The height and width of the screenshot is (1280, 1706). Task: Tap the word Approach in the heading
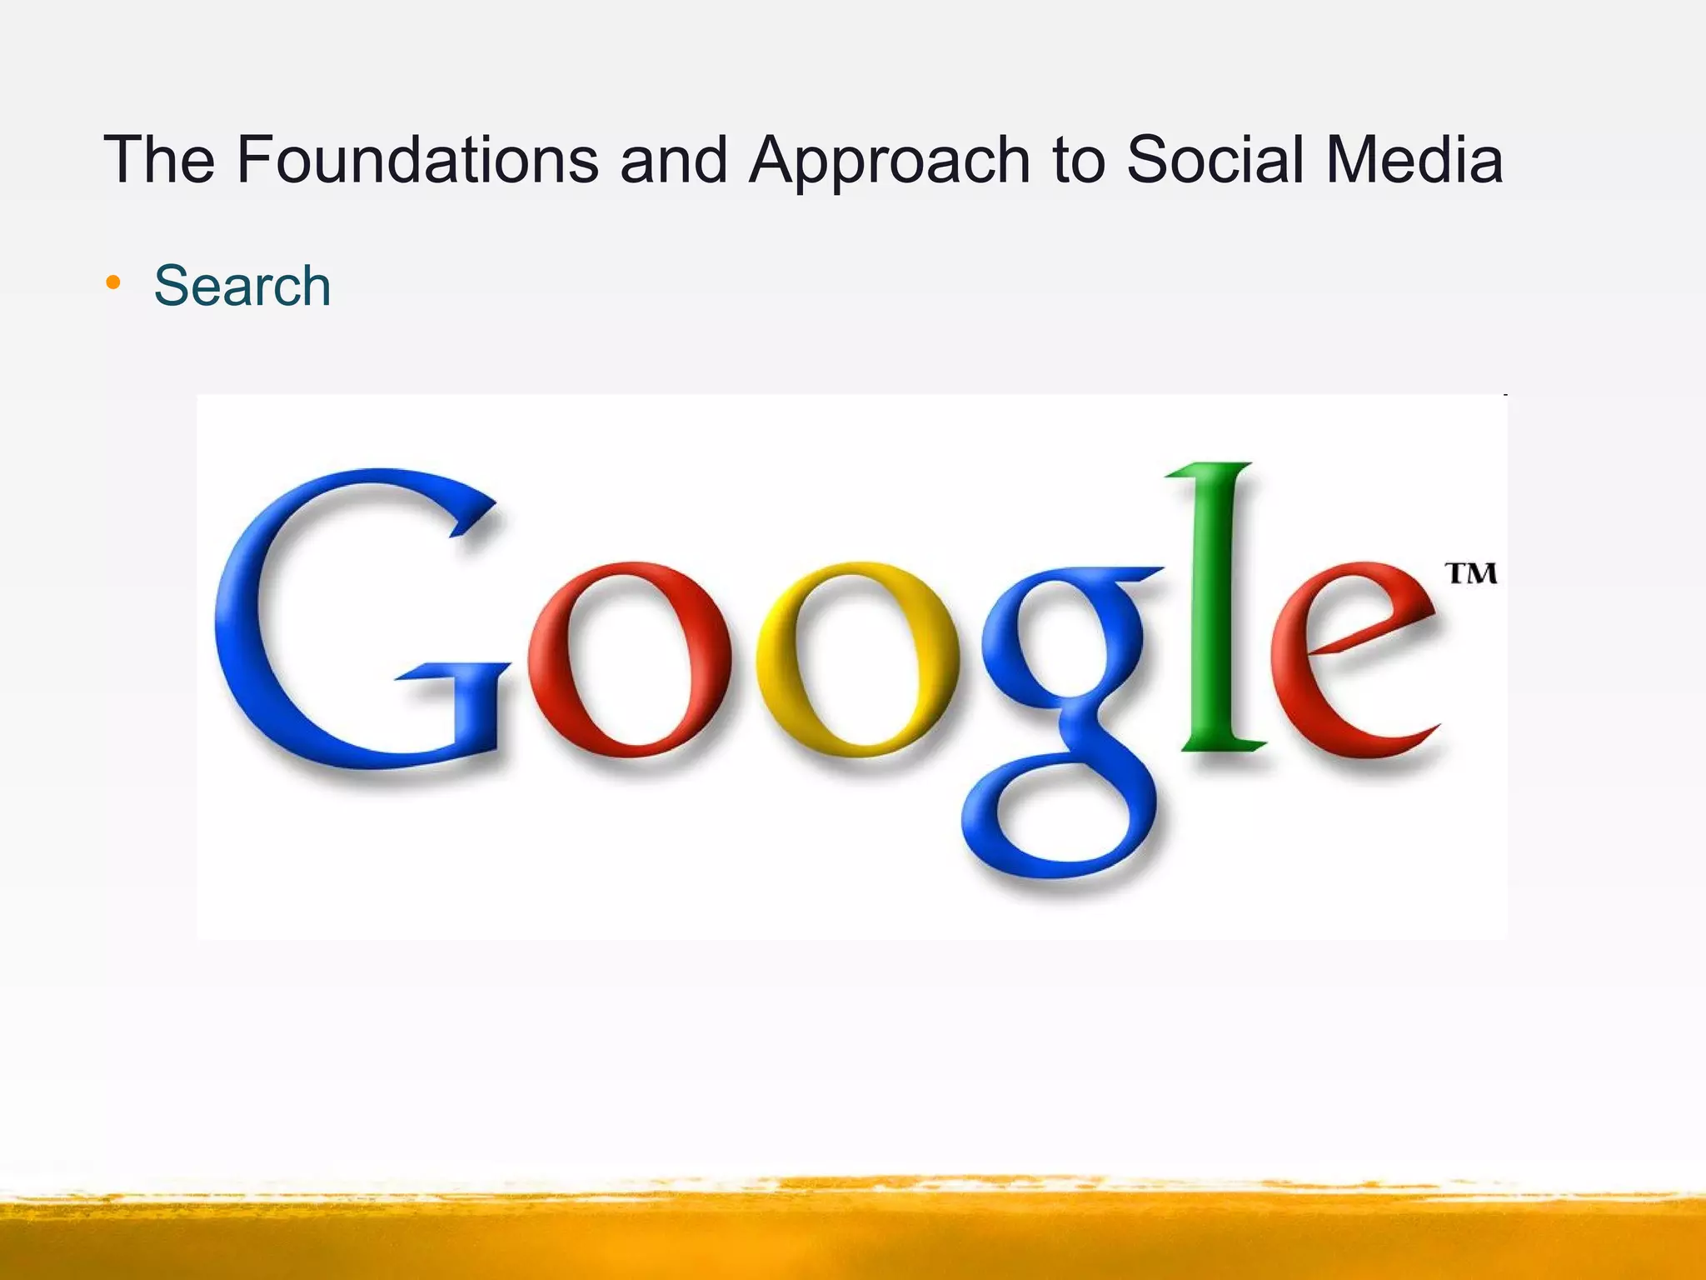pyautogui.click(x=888, y=160)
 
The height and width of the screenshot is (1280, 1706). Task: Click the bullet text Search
pyautogui.click(x=242, y=286)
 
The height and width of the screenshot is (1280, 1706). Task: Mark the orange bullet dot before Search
pyautogui.click(x=113, y=283)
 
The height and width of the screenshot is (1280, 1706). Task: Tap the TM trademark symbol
pyautogui.click(x=1471, y=573)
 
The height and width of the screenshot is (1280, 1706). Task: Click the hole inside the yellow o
pyautogui.click(x=858, y=658)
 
